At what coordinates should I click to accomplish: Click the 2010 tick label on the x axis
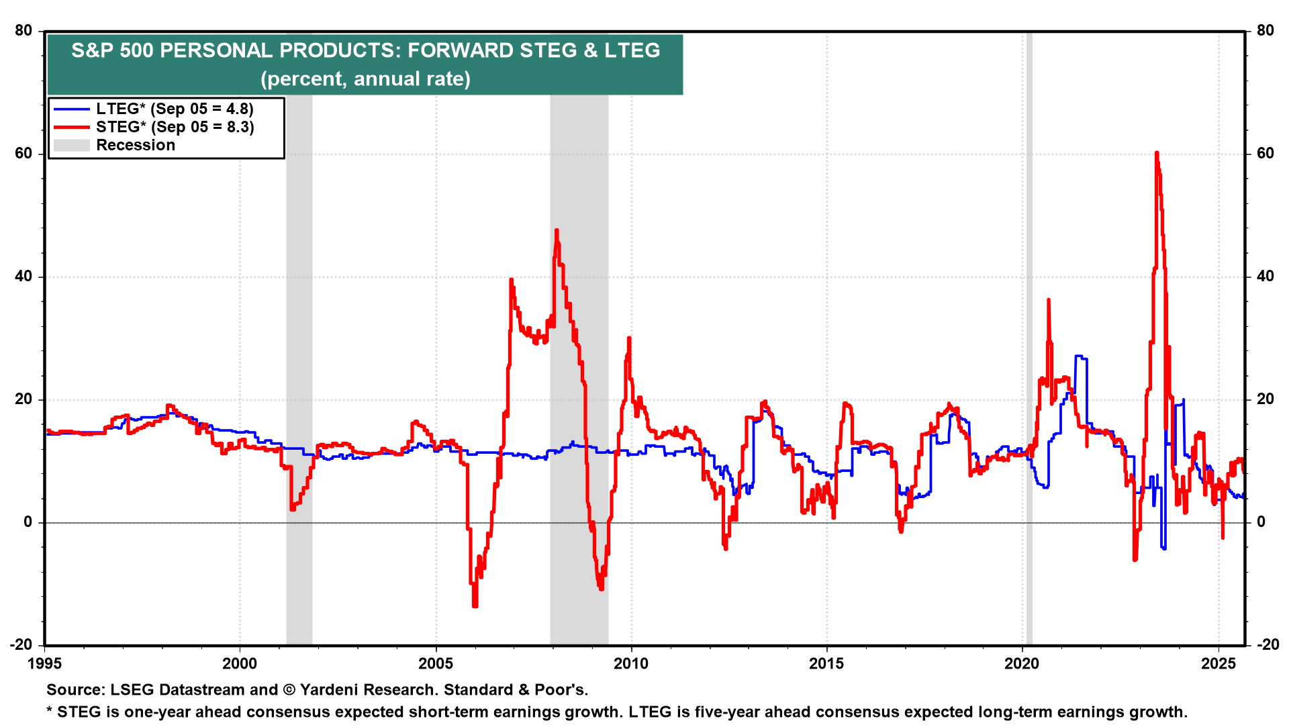click(x=631, y=664)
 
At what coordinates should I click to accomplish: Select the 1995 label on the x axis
click(x=44, y=664)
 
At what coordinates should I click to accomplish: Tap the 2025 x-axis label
click(x=1218, y=664)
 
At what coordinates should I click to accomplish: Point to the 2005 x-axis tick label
click(x=436, y=664)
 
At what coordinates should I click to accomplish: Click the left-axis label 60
click(x=23, y=154)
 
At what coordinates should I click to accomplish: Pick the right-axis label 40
click(x=1265, y=277)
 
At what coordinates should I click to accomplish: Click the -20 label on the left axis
click(x=21, y=644)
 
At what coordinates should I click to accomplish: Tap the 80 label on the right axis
click(x=1265, y=31)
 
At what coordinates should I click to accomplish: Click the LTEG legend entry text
click(x=175, y=109)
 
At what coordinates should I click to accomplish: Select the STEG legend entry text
click(x=175, y=127)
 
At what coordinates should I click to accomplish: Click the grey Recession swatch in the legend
click(x=71, y=145)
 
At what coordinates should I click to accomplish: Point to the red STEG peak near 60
click(x=1156, y=154)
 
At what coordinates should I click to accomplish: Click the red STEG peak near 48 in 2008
click(x=557, y=231)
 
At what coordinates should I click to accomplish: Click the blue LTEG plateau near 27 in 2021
click(x=1080, y=357)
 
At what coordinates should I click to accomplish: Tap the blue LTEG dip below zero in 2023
click(x=1163, y=547)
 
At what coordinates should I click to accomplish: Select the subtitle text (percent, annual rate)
click(x=365, y=79)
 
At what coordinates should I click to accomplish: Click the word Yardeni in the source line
click(x=332, y=689)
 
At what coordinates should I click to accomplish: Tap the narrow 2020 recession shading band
click(x=1029, y=336)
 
